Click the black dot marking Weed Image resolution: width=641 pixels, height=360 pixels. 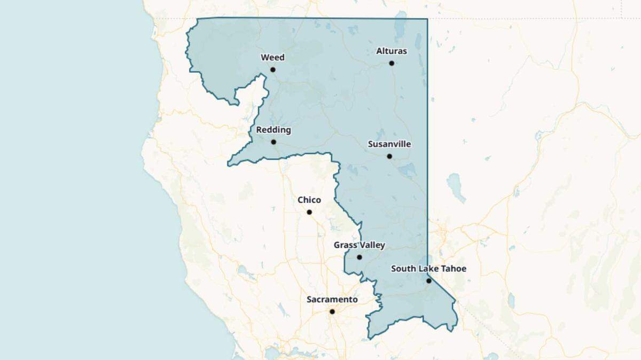[x=272, y=69]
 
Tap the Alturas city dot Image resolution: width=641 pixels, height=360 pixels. [x=392, y=63]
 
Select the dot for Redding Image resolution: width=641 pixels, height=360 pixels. [x=273, y=142]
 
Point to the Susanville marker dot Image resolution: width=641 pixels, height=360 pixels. [x=389, y=156]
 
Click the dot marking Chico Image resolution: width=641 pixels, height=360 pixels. [x=309, y=212]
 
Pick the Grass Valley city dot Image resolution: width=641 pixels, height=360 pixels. [x=359, y=257]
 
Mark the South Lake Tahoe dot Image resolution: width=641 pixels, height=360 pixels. [x=428, y=280]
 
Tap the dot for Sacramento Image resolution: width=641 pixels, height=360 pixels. [x=332, y=311]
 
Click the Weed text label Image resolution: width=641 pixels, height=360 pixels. [x=272, y=58]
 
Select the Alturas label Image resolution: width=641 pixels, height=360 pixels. [x=392, y=51]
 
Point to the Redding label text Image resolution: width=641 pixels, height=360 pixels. [x=273, y=130]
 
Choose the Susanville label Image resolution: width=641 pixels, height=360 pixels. [x=389, y=144]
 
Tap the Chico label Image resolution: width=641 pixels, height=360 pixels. [x=309, y=200]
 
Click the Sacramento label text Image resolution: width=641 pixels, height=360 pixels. [x=332, y=300]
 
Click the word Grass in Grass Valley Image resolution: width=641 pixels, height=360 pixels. [x=345, y=245]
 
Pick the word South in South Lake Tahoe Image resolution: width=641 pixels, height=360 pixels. [x=403, y=269]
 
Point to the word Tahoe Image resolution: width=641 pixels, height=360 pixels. [x=453, y=269]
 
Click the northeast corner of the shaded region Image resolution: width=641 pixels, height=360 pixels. [x=427, y=19]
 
